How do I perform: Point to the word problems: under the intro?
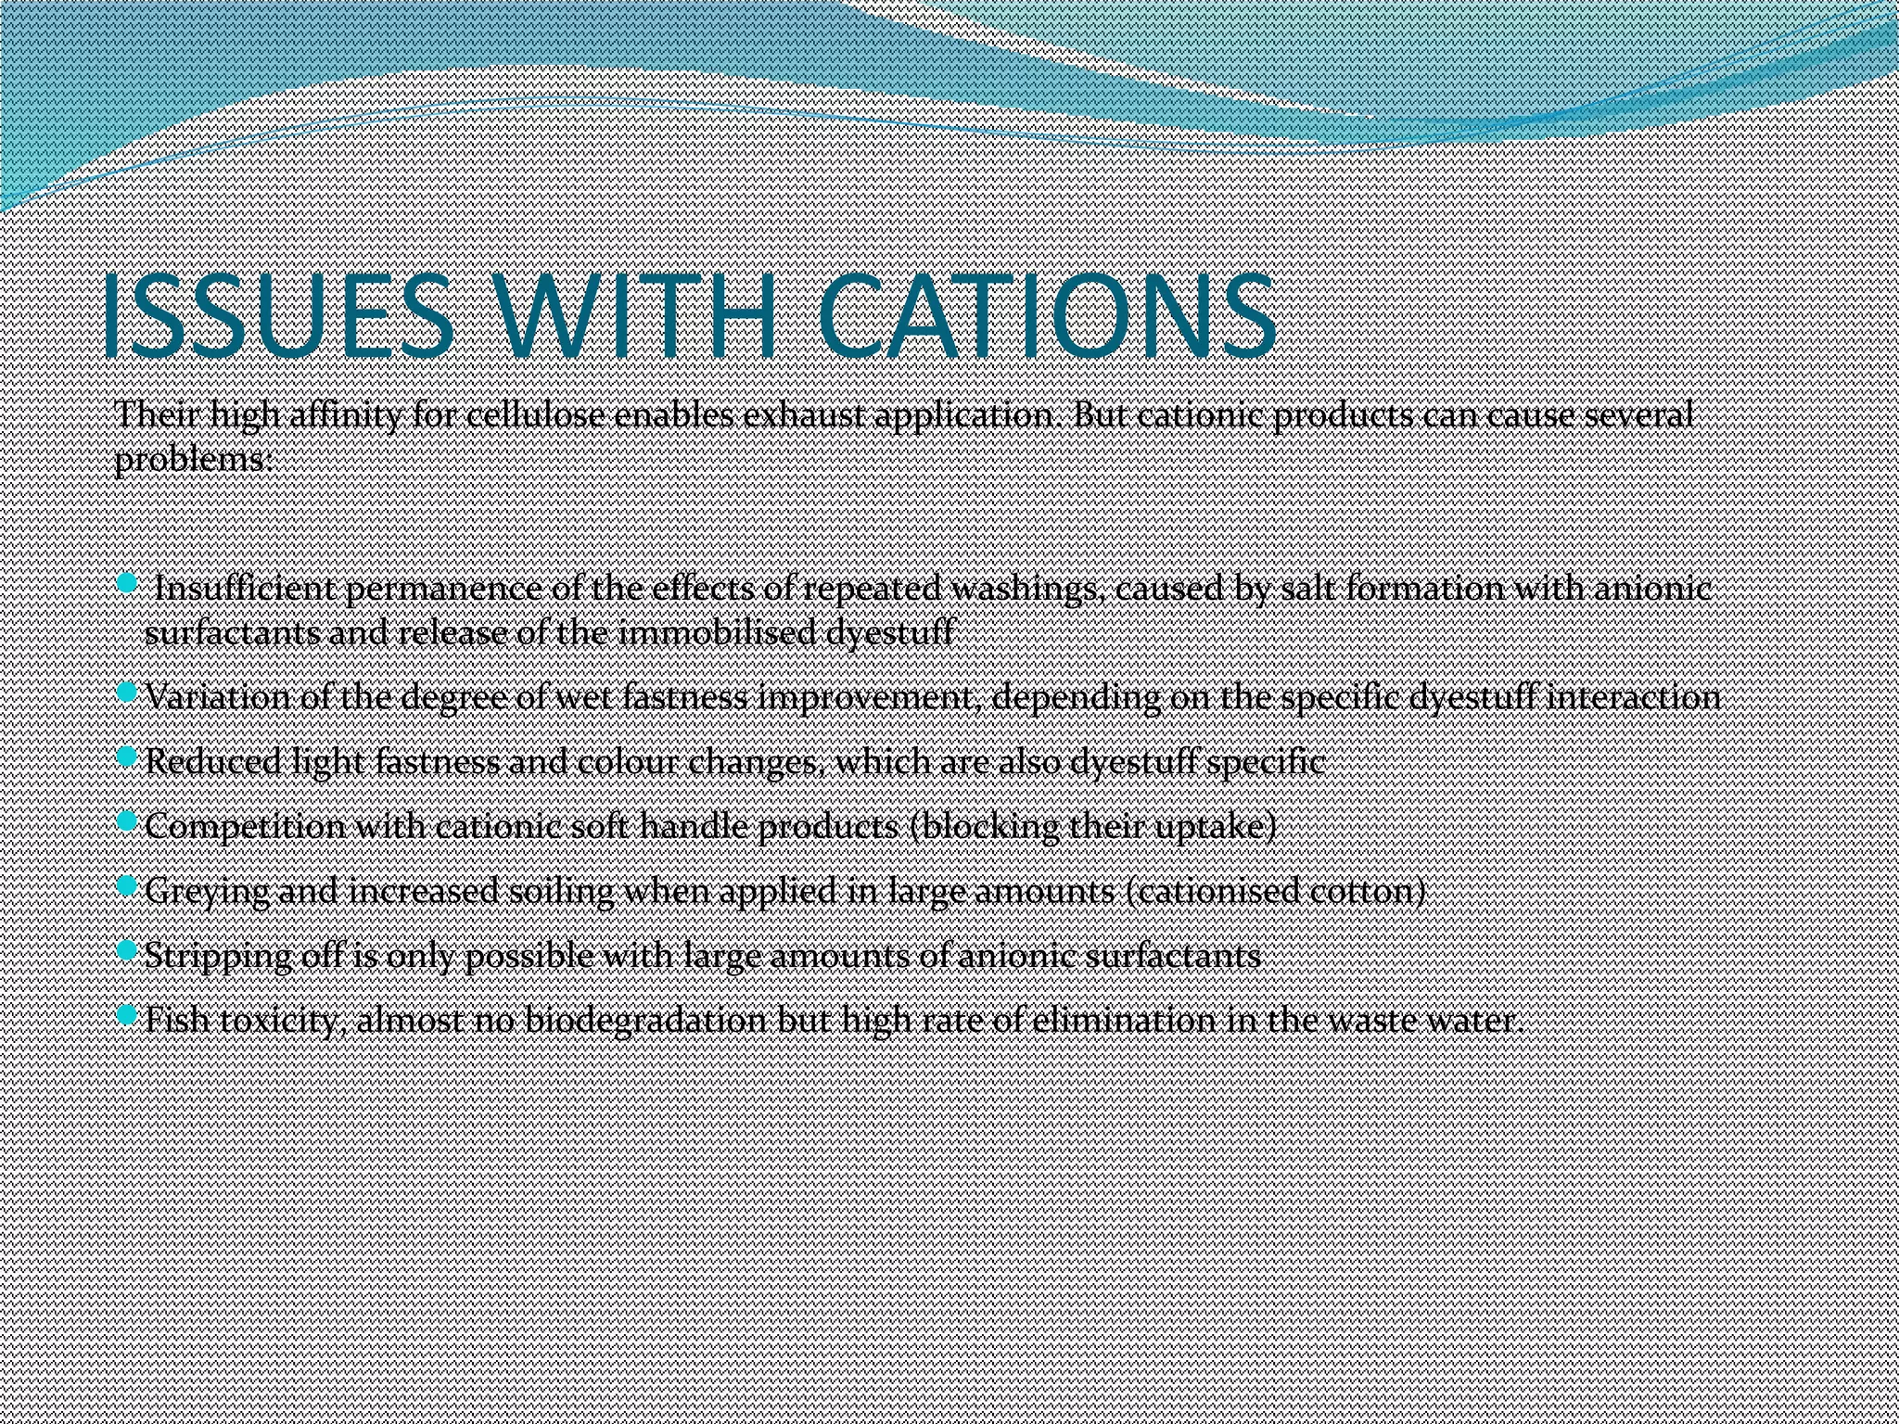pyautogui.click(x=194, y=458)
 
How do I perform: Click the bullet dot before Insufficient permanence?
pyautogui.click(x=127, y=582)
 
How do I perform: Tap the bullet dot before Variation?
pyautogui.click(x=127, y=693)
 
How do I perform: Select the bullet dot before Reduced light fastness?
pyautogui.click(x=127, y=757)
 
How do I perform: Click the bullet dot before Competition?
pyautogui.click(x=127, y=821)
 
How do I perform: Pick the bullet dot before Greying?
pyautogui.click(x=127, y=886)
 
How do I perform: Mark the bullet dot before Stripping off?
pyautogui.click(x=127, y=951)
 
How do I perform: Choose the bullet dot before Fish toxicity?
pyautogui.click(x=127, y=1016)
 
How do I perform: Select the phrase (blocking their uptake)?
pyautogui.click(x=1094, y=825)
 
